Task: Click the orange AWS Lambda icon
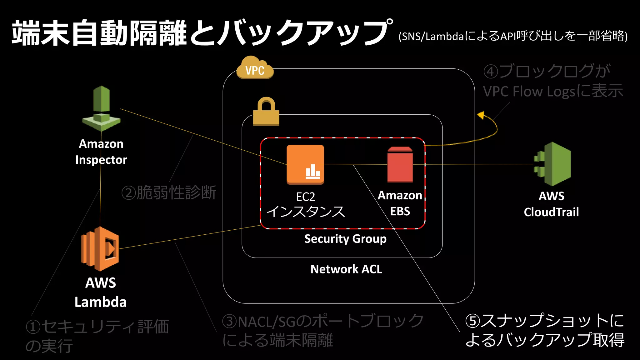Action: click(x=100, y=249)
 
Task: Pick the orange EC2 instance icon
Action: click(x=305, y=164)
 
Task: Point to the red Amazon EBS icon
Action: click(x=400, y=165)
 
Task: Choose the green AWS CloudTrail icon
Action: click(x=552, y=164)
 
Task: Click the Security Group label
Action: click(x=345, y=239)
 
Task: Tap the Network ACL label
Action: click(x=346, y=269)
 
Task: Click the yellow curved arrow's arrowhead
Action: click(x=481, y=115)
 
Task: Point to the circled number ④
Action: click(x=491, y=72)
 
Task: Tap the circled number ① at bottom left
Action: click(x=33, y=327)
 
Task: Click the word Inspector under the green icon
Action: click(x=101, y=160)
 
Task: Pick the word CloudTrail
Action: click(x=551, y=212)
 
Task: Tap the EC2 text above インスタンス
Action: click(x=305, y=197)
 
